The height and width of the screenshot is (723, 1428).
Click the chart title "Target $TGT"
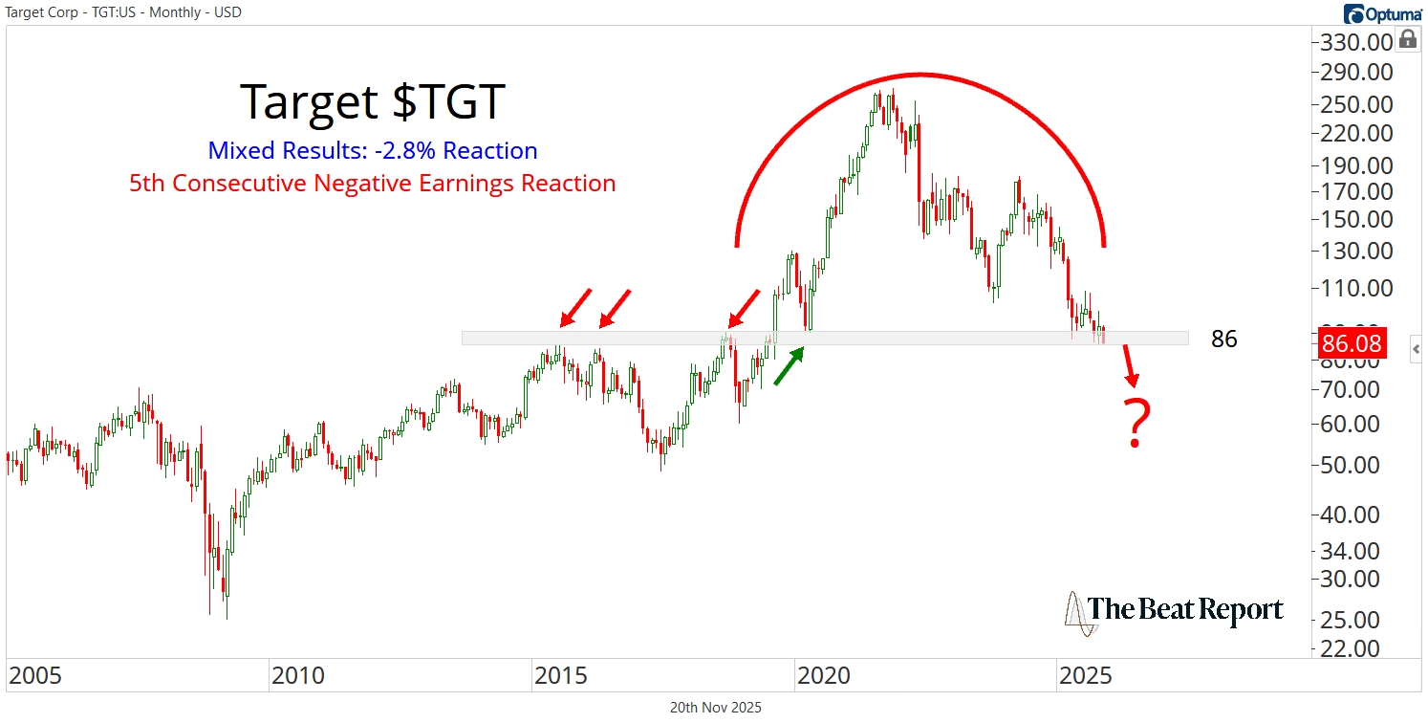click(372, 102)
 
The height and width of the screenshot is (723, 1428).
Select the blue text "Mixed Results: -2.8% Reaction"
click(372, 150)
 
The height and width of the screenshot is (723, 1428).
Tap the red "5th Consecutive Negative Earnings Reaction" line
click(372, 183)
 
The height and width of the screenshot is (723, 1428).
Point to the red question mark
click(1136, 424)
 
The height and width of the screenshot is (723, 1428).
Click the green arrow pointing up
click(788, 366)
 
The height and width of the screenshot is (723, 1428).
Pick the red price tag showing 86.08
click(1352, 343)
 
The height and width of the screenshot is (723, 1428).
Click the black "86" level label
click(1223, 339)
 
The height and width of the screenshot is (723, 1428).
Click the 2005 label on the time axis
click(34, 676)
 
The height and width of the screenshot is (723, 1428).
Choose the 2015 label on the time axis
click(561, 676)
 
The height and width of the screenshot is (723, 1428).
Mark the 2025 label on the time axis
click(1086, 676)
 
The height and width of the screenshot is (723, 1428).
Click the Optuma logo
click(1382, 12)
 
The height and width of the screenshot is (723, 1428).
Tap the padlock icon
click(1407, 39)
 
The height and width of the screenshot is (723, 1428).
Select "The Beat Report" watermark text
click(1185, 609)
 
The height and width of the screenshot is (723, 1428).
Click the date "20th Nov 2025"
click(716, 708)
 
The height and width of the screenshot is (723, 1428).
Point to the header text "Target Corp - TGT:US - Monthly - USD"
click(121, 11)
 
